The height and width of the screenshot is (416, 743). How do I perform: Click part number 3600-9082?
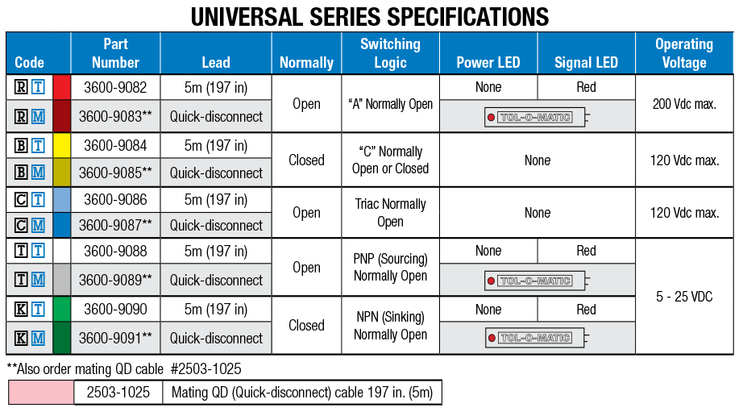point(115,88)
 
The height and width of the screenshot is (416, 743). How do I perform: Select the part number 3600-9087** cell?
point(115,225)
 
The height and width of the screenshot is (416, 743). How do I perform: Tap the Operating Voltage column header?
point(683,53)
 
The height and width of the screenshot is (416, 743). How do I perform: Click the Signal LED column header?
point(586,62)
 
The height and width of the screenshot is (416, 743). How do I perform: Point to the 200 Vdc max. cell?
point(684,103)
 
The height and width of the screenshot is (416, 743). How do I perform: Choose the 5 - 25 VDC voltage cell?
point(684,296)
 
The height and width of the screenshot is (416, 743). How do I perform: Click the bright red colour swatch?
point(61,88)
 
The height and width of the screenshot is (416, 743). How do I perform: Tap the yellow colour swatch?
point(61,146)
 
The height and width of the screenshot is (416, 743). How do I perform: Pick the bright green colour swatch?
point(61,310)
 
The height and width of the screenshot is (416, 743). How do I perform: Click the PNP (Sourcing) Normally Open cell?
point(390,267)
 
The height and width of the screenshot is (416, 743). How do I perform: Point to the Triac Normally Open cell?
point(390,213)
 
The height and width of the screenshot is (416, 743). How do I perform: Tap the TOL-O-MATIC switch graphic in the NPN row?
point(538,339)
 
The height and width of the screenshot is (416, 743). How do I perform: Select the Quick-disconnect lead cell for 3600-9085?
point(216,173)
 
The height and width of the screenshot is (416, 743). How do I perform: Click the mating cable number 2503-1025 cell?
point(118,393)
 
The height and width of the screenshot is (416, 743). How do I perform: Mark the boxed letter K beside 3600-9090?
point(21,310)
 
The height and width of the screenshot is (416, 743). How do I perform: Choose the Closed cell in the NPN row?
point(306,325)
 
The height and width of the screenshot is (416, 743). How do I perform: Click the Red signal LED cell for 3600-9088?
point(586,251)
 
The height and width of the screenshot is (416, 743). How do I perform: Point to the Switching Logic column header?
point(390,53)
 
